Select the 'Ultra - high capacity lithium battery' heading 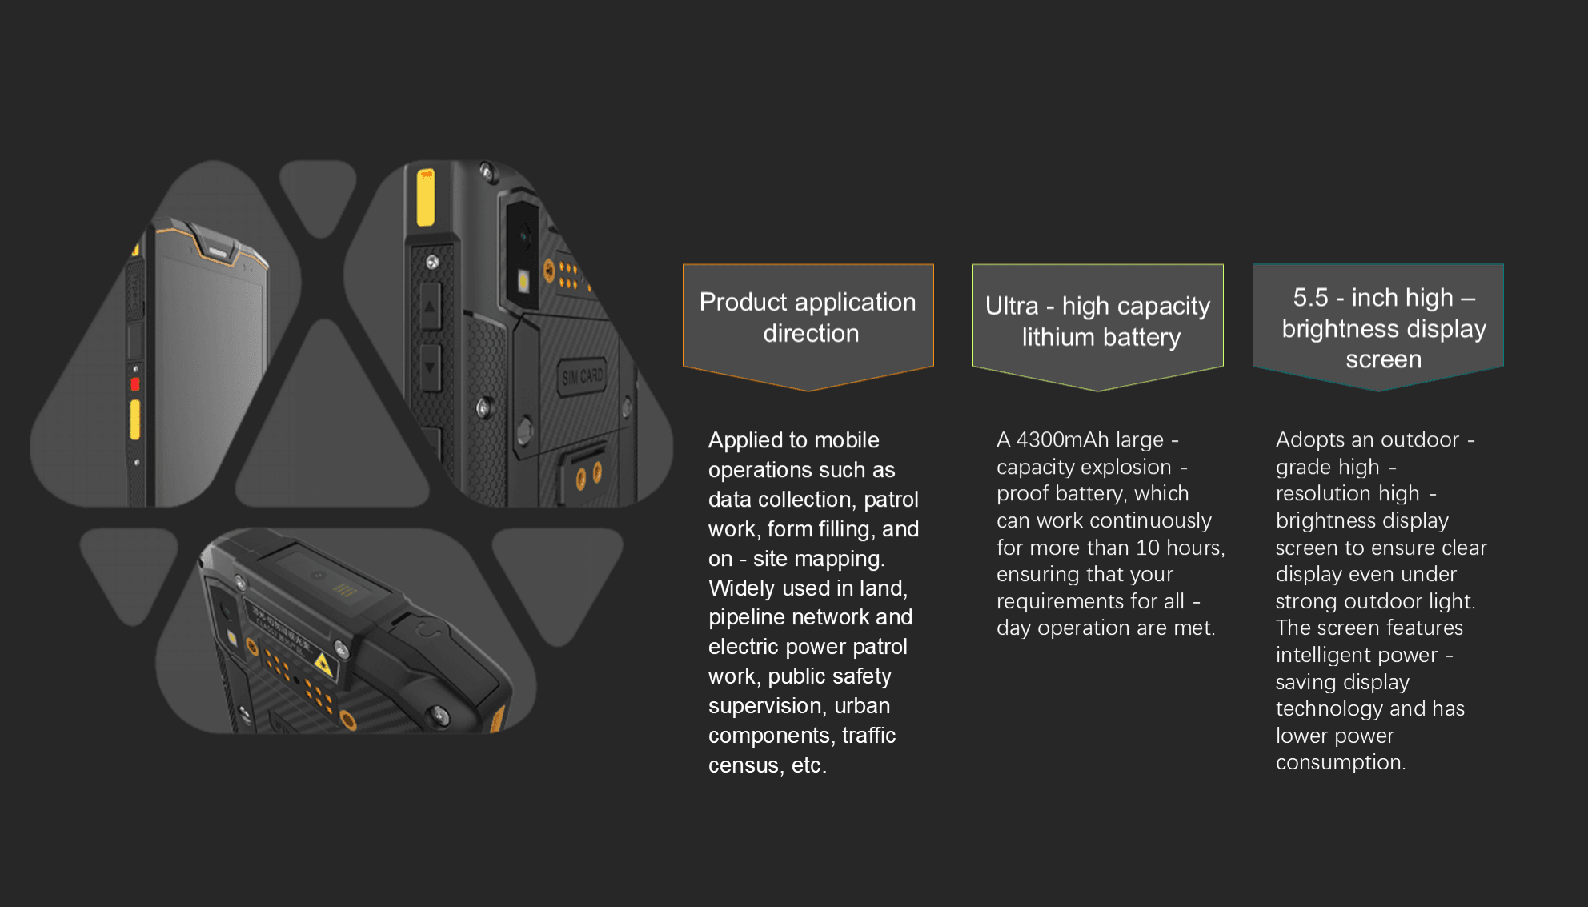point(1097,321)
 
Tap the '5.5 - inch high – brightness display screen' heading point(1383,328)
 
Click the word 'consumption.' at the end point(1341,763)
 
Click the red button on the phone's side point(135,384)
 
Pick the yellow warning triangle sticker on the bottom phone point(323,664)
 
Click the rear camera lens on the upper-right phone point(524,235)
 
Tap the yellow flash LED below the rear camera point(523,281)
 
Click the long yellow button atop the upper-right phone point(425,197)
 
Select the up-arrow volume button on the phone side point(430,307)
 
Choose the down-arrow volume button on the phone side point(430,367)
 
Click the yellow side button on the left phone point(135,420)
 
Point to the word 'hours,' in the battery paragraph point(1196,548)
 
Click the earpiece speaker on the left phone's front point(218,251)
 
